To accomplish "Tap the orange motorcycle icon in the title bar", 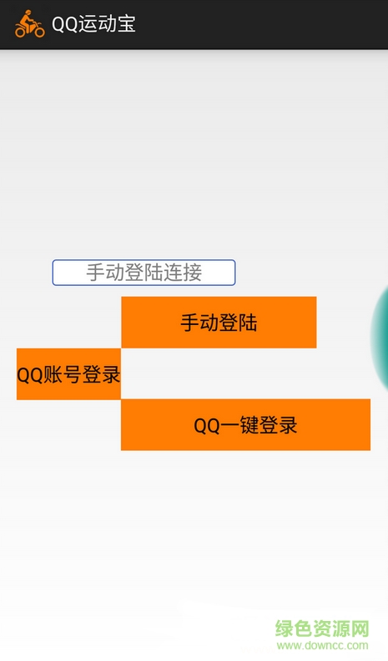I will [29, 23].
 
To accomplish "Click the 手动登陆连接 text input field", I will [144, 273].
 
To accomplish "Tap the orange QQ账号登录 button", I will [68, 374].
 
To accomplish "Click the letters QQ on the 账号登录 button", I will [30, 374].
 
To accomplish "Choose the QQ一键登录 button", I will [245, 425].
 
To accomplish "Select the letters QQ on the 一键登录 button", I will [206, 425].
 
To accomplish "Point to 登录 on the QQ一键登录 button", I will [279, 425].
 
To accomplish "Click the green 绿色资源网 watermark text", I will [323, 628].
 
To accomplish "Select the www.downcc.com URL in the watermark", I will [323, 645].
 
